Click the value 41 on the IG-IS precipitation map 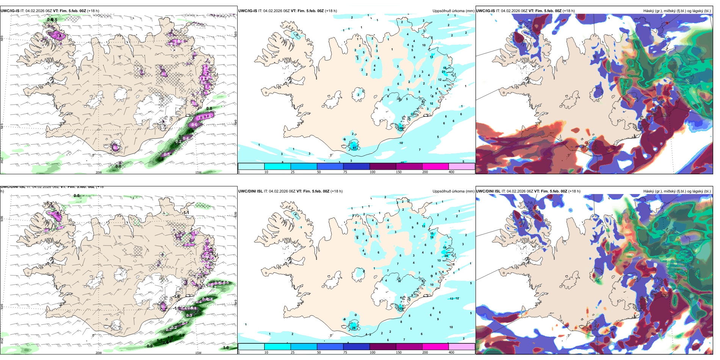[x=355, y=148]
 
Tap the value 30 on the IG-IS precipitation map [x=401, y=128]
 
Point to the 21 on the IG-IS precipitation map [x=443, y=72]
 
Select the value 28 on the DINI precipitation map [x=354, y=328]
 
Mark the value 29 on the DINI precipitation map [x=446, y=256]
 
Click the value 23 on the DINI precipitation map [x=401, y=308]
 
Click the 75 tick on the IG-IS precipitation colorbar [x=345, y=172]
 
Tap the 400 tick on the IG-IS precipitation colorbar [x=451, y=172]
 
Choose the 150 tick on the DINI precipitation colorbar [x=399, y=352]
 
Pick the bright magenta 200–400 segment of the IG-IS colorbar [x=435, y=166]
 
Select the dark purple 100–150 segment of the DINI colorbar [x=383, y=347]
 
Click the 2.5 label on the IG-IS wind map [x=60, y=36]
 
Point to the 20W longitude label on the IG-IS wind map [x=99, y=172]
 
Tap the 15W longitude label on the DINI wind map [x=198, y=353]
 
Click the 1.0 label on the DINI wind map [x=226, y=347]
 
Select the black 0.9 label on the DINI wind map [x=150, y=346]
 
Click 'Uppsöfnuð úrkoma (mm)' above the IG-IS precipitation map [x=453, y=11]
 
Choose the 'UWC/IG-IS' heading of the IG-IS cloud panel [x=485, y=11]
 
